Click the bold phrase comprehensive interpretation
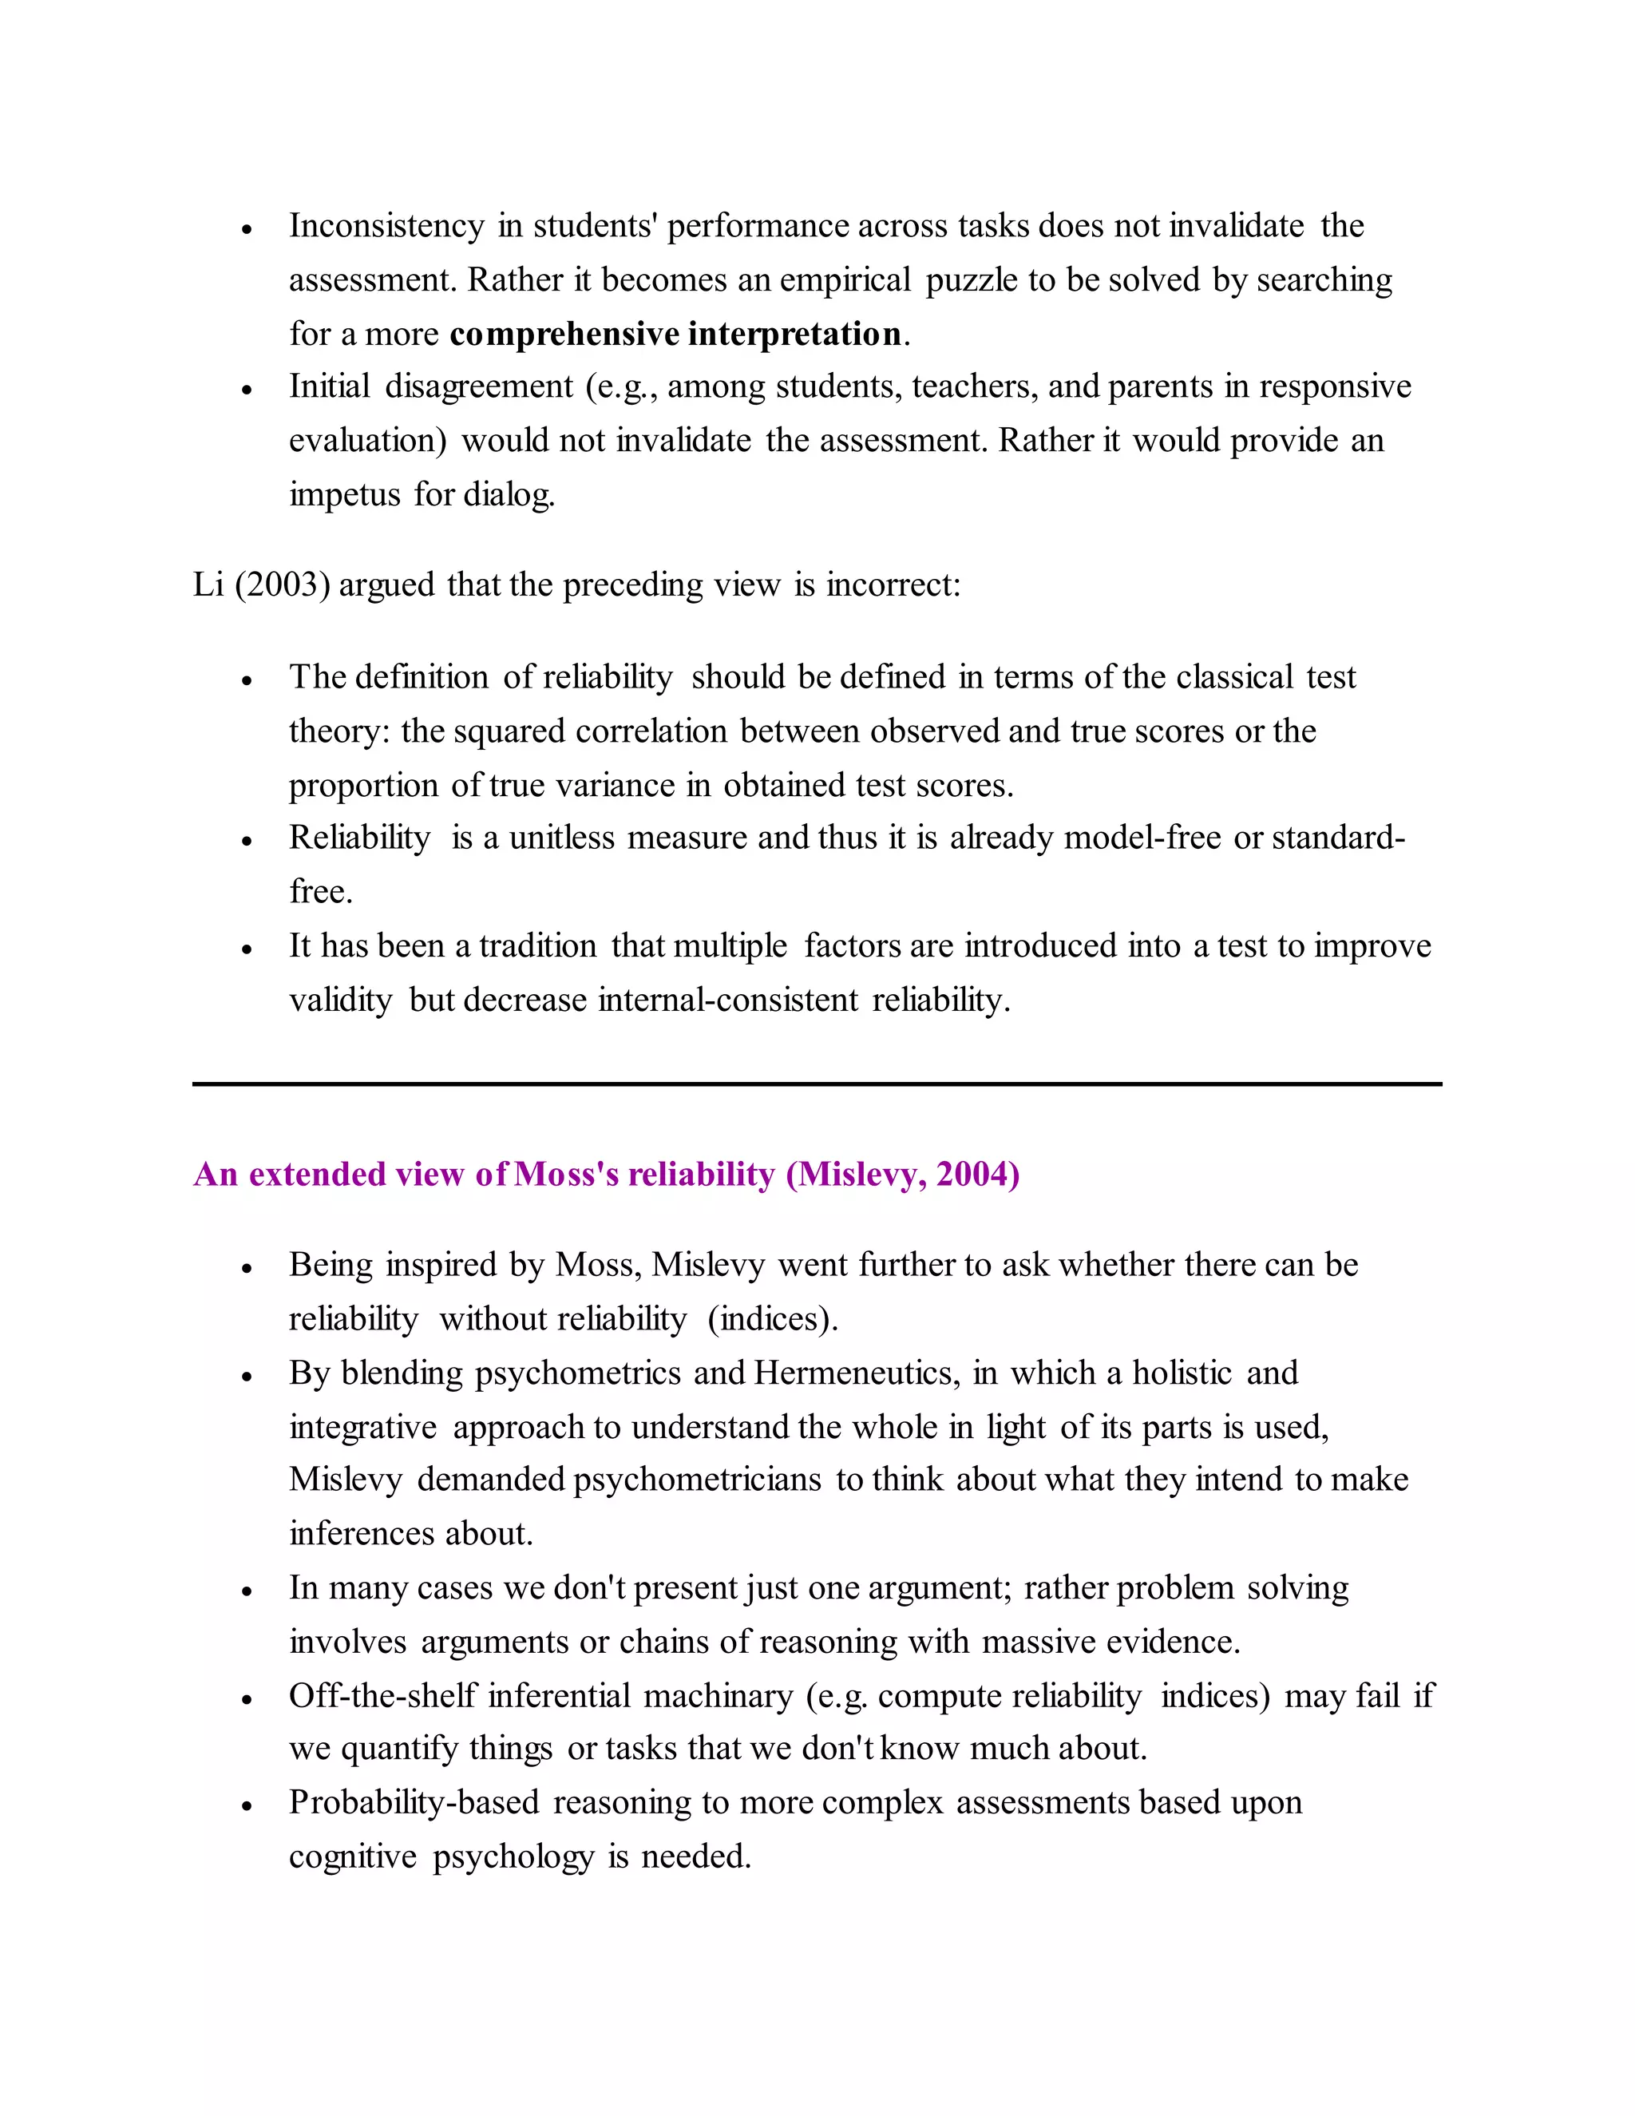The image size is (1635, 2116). click(x=675, y=335)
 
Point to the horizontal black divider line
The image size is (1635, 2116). click(x=817, y=1084)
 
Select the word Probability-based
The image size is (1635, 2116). click(x=414, y=1803)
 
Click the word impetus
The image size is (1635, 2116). click(x=344, y=495)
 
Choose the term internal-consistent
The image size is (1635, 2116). click(x=727, y=1000)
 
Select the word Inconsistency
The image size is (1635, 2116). click(x=386, y=227)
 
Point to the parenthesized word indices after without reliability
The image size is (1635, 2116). click(x=772, y=1320)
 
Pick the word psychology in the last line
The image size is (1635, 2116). click(x=513, y=1857)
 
